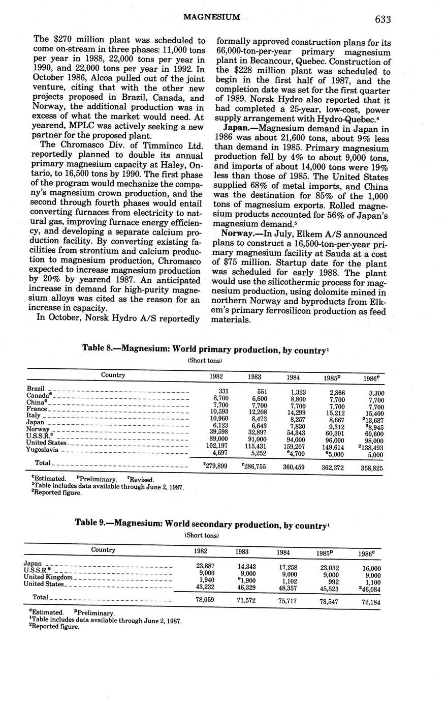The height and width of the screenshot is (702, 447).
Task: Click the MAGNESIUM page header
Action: pyautogui.click(x=211, y=18)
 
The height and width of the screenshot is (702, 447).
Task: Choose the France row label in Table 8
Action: pyautogui.click(x=37, y=409)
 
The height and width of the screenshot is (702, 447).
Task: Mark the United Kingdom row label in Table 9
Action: pyautogui.click(x=49, y=577)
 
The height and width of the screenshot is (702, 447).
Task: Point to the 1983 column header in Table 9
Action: pyautogui.click(x=246, y=551)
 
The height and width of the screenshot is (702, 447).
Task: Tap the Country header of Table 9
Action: pyautogui.click(x=103, y=549)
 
